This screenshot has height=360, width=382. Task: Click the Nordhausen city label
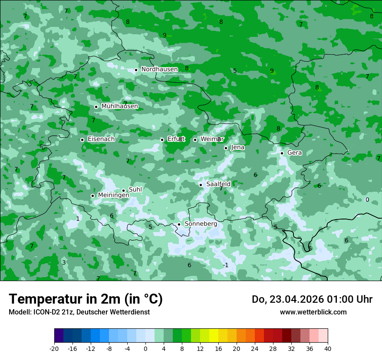point(159,69)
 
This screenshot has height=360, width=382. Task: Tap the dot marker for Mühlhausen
point(96,107)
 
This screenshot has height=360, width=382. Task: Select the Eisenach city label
point(101,139)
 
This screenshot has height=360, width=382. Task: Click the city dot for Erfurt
point(162,140)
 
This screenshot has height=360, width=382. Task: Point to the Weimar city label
point(212,139)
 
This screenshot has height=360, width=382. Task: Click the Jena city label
point(238,147)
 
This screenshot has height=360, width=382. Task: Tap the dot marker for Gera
point(282,153)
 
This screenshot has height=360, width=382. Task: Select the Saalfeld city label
point(218,184)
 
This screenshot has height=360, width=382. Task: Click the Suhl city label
point(135,190)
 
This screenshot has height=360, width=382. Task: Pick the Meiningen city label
point(114,196)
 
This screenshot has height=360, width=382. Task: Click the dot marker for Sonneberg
point(179,224)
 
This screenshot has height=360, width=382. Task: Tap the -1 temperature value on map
point(225,265)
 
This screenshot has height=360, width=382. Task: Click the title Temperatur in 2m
point(86,299)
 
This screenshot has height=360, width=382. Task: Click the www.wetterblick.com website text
point(313,312)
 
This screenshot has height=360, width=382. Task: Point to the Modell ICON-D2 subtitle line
point(79,312)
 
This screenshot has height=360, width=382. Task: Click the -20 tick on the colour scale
point(54,349)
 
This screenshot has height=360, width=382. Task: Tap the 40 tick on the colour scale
point(328,349)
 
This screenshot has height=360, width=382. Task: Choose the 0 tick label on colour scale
point(145,349)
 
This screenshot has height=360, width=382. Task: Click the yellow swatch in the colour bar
point(214,336)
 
